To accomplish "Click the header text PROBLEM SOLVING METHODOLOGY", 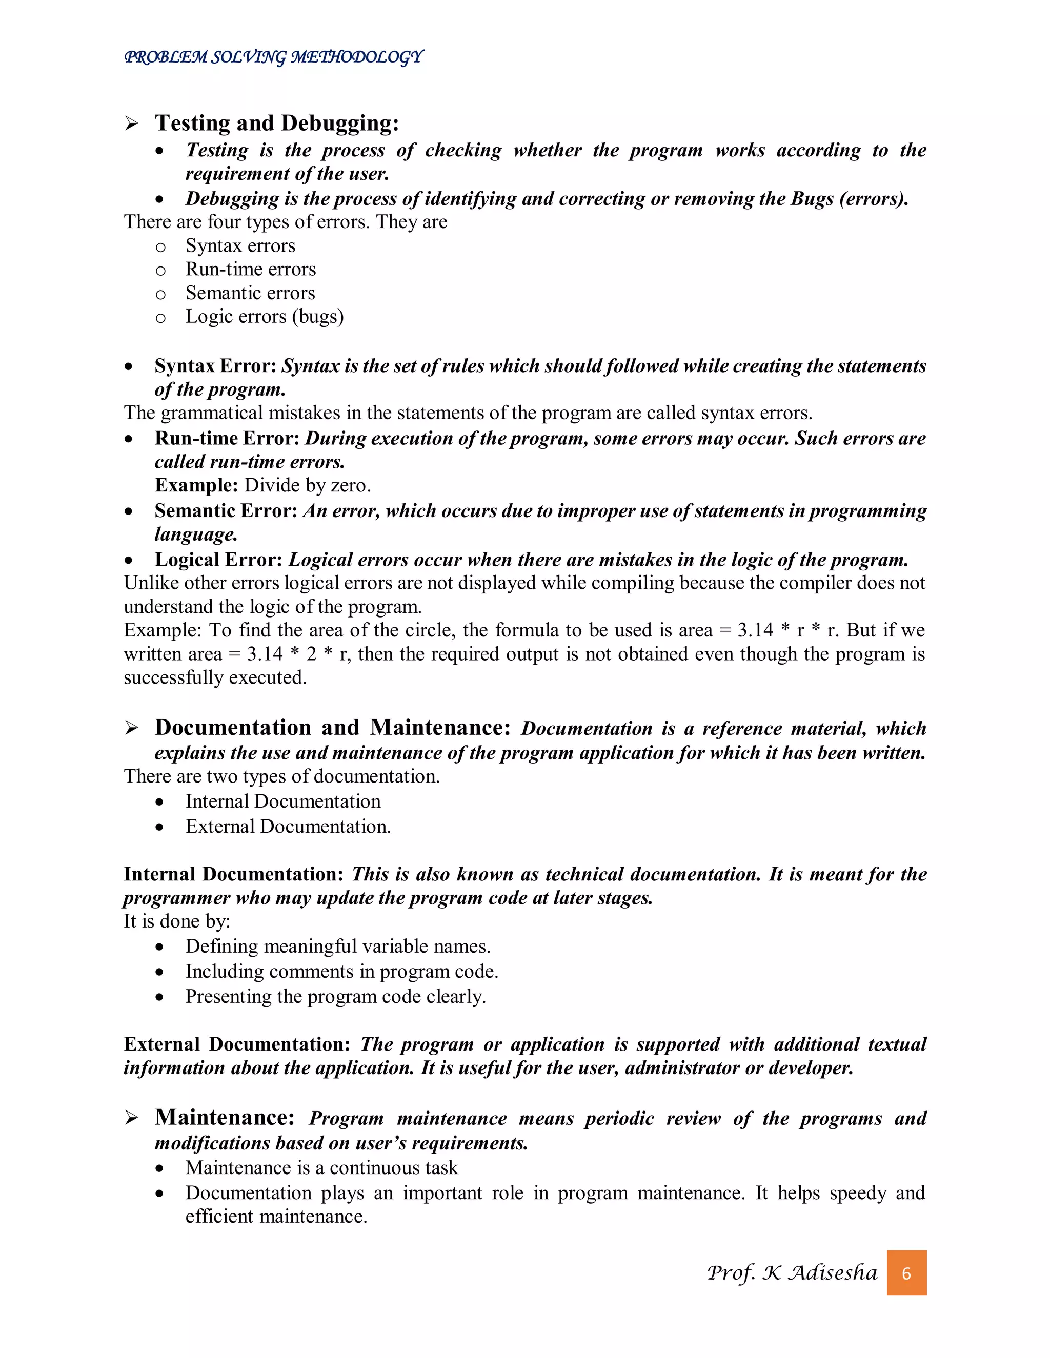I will coord(274,57).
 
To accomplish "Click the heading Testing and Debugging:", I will coord(276,123).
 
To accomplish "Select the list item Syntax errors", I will coord(240,245).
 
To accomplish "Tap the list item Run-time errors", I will coord(250,269).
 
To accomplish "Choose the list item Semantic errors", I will coord(250,293).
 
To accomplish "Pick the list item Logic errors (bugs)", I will coord(265,317).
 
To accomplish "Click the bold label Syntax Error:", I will coord(215,365).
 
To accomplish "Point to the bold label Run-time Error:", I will coord(227,438).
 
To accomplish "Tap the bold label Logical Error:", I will coord(219,560).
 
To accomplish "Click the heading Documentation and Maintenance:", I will coord(332,728).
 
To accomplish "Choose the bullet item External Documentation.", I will coord(288,827).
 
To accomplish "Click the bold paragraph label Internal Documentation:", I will coord(233,874).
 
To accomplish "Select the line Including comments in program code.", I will coord(341,971).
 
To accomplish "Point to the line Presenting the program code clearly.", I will coord(335,996).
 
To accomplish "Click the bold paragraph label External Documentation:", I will coord(237,1044).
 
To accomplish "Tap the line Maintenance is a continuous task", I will coord(321,1168).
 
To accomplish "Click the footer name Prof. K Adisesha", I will coord(791,1273).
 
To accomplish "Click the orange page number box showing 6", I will coord(906,1273).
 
